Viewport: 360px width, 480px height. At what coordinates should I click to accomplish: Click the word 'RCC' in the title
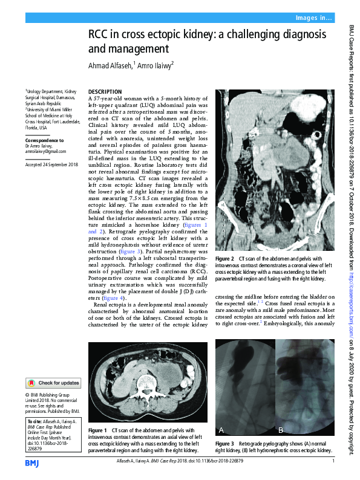coord(100,35)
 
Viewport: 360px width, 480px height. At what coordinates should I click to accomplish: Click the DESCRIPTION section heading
coord(105,91)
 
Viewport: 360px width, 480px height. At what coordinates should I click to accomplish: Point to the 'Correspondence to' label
coord(47,140)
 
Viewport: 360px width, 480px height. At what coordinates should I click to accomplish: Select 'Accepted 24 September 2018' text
coord(51,164)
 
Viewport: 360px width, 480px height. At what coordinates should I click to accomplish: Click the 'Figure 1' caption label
coord(97,429)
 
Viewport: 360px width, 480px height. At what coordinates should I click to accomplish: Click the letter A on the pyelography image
coord(221,430)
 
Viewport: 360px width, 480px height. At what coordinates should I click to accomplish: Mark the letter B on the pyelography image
coord(281,430)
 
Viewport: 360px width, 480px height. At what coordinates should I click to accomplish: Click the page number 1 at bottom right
coord(333,462)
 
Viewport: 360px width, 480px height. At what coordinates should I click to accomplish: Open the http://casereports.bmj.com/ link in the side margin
coord(351,302)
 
